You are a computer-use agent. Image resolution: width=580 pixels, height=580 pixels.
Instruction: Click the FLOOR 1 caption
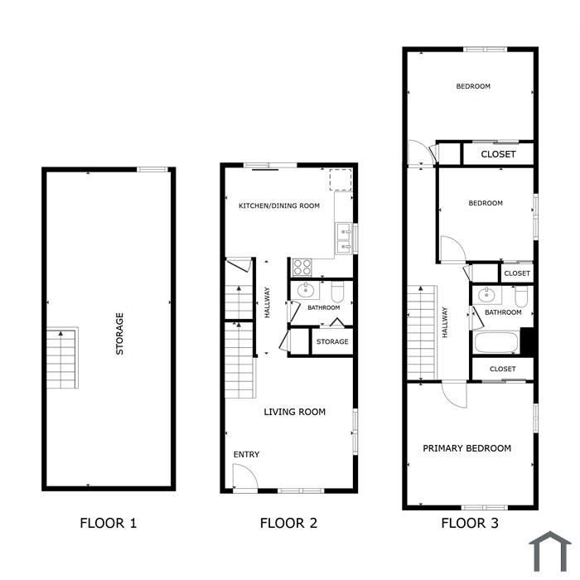[109, 523]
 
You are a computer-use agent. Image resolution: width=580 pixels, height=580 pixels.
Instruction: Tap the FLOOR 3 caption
[470, 523]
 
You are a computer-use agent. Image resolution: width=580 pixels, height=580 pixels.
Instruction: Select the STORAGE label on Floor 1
[119, 334]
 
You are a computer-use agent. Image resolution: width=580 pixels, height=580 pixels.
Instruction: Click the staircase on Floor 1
[61, 358]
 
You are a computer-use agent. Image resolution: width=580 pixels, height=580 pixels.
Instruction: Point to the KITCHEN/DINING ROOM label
[279, 205]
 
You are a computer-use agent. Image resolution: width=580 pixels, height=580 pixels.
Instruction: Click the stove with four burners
[302, 268]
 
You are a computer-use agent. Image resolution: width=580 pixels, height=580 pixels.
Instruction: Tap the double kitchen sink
[344, 239]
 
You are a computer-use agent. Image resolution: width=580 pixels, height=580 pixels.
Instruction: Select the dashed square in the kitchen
[341, 180]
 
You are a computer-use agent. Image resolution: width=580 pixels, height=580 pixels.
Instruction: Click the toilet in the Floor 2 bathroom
[337, 292]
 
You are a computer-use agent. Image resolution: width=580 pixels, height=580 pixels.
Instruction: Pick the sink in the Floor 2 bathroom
[306, 290]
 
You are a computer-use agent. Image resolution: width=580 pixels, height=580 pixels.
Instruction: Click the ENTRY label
[246, 454]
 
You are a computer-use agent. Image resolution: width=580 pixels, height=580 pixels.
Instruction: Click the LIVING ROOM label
[295, 412]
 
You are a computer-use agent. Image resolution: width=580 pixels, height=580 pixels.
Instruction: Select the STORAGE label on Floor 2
[332, 341]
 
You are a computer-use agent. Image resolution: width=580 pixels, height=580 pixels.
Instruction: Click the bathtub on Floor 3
[496, 343]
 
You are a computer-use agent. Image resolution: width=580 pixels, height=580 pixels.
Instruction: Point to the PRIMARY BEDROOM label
[466, 448]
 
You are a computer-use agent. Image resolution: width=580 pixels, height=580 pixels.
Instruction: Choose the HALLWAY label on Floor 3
[445, 322]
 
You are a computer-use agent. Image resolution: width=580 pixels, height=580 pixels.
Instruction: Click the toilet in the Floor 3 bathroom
[521, 297]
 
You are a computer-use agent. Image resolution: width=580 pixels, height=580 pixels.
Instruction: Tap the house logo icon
[550, 551]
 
